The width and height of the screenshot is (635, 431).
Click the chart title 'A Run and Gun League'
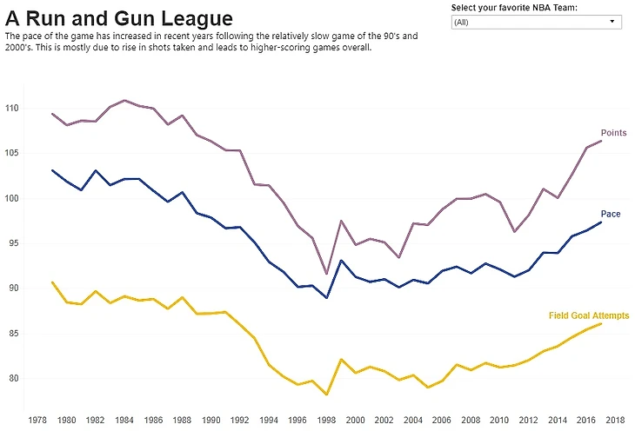tap(119, 18)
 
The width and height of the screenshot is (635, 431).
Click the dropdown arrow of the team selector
tap(612, 22)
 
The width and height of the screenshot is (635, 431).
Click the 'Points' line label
tap(613, 133)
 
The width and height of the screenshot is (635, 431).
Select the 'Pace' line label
tap(610, 214)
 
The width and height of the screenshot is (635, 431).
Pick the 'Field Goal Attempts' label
tap(589, 315)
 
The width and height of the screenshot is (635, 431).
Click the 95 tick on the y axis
tap(15, 243)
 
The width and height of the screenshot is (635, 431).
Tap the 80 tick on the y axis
tap(15, 378)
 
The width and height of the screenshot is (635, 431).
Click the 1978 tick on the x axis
tap(38, 419)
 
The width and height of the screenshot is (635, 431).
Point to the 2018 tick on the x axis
tap(615, 419)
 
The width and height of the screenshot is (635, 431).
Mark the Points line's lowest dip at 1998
tap(327, 274)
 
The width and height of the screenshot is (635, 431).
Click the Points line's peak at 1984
tap(125, 101)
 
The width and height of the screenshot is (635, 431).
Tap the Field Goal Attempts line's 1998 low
tap(327, 395)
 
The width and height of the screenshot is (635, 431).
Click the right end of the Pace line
tap(600, 222)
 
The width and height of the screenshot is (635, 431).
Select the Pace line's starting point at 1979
tap(53, 170)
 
